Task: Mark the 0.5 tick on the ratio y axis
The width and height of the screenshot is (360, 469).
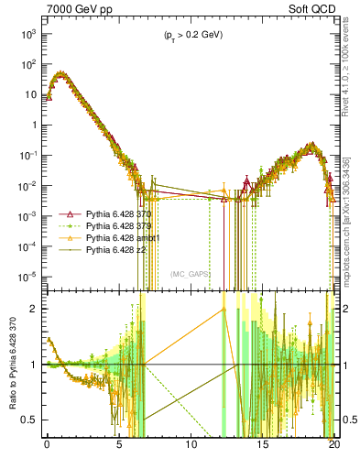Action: [x=33, y=420]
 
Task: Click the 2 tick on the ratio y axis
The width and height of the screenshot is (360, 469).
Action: [x=37, y=309]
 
